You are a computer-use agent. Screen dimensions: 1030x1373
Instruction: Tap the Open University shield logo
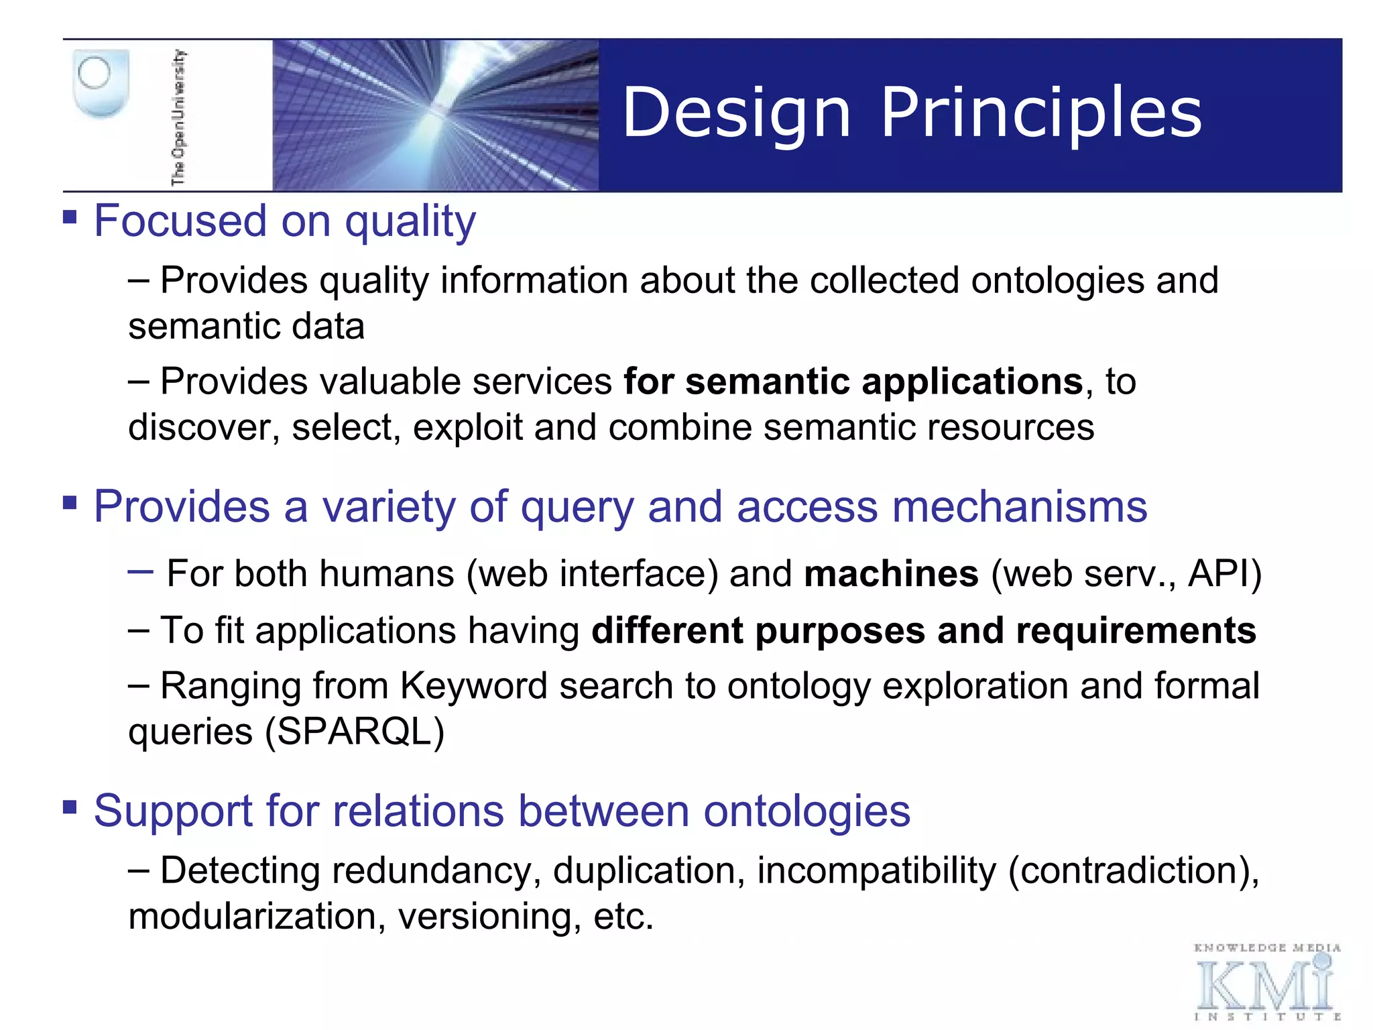(100, 83)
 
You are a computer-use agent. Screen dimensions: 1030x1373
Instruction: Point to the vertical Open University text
(178, 117)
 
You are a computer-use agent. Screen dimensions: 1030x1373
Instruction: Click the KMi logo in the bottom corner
(1266, 983)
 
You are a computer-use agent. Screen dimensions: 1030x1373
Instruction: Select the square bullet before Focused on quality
(70, 217)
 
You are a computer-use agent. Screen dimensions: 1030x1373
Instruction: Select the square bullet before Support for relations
(70, 806)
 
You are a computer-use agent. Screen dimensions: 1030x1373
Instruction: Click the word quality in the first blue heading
(410, 222)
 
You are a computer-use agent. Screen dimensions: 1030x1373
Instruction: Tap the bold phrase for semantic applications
(853, 382)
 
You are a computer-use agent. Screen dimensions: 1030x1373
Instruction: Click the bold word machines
(891, 575)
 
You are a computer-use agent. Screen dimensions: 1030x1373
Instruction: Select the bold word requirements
(1136, 631)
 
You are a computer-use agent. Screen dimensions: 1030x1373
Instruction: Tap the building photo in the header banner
(435, 115)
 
